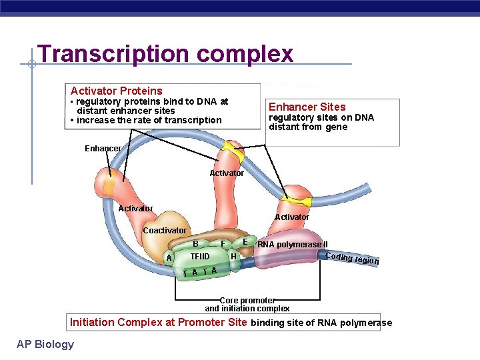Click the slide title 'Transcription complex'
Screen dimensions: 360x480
165,53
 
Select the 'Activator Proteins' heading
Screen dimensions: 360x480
117,91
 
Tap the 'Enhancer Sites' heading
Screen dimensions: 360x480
307,107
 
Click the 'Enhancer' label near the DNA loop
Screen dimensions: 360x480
103,148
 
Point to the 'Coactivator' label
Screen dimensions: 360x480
165,230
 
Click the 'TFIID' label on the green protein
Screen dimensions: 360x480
199,256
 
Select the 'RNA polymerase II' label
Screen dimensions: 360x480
293,245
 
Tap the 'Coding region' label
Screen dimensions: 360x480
352,259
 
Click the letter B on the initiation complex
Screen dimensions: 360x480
196,244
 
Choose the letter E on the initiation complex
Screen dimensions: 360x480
245,241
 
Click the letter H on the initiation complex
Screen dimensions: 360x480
233,256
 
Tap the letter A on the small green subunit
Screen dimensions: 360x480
169,258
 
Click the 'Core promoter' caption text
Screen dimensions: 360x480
247,301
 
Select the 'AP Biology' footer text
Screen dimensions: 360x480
45,344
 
